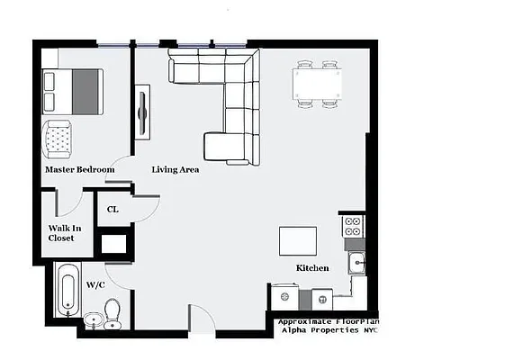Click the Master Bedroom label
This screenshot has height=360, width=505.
(x=80, y=169)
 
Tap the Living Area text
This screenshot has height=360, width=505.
(x=176, y=169)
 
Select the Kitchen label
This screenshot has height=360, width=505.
(x=312, y=268)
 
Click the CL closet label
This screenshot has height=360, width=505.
(x=113, y=210)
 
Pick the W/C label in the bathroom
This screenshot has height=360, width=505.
(x=96, y=284)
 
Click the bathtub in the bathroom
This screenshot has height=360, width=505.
(x=66, y=291)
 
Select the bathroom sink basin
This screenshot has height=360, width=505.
(x=93, y=320)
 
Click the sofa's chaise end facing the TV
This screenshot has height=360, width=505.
(x=220, y=146)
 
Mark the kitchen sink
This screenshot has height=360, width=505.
(x=356, y=263)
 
